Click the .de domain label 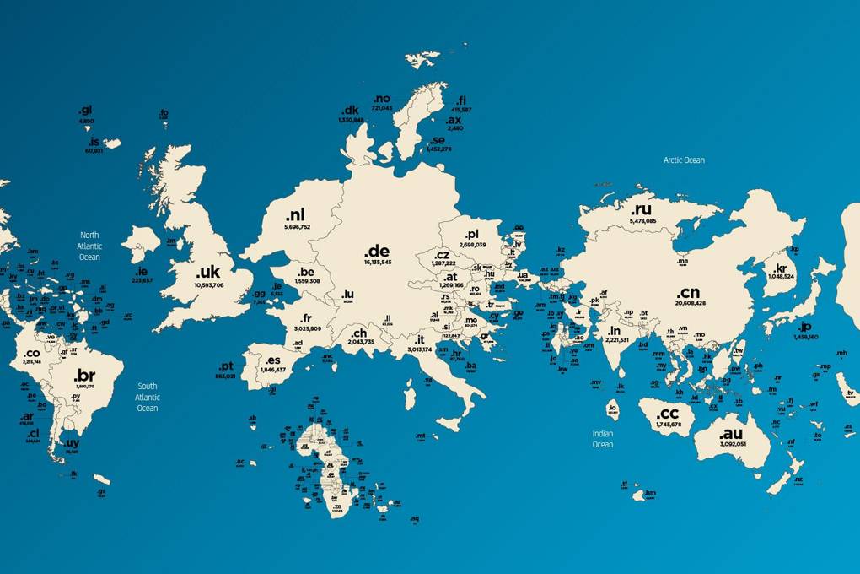(x=377, y=252)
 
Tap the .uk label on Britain (x=207, y=273)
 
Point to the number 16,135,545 (x=377, y=263)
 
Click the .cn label (x=688, y=292)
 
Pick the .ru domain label (x=642, y=209)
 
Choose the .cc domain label (x=667, y=414)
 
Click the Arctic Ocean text (x=683, y=160)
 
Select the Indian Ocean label (x=602, y=439)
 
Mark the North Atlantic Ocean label (x=89, y=246)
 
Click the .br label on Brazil (x=85, y=376)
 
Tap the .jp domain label (x=804, y=327)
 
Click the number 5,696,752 (x=297, y=227)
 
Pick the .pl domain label (x=470, y=234)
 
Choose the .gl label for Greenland (x=85, y=111)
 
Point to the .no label (x=382, y=99)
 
